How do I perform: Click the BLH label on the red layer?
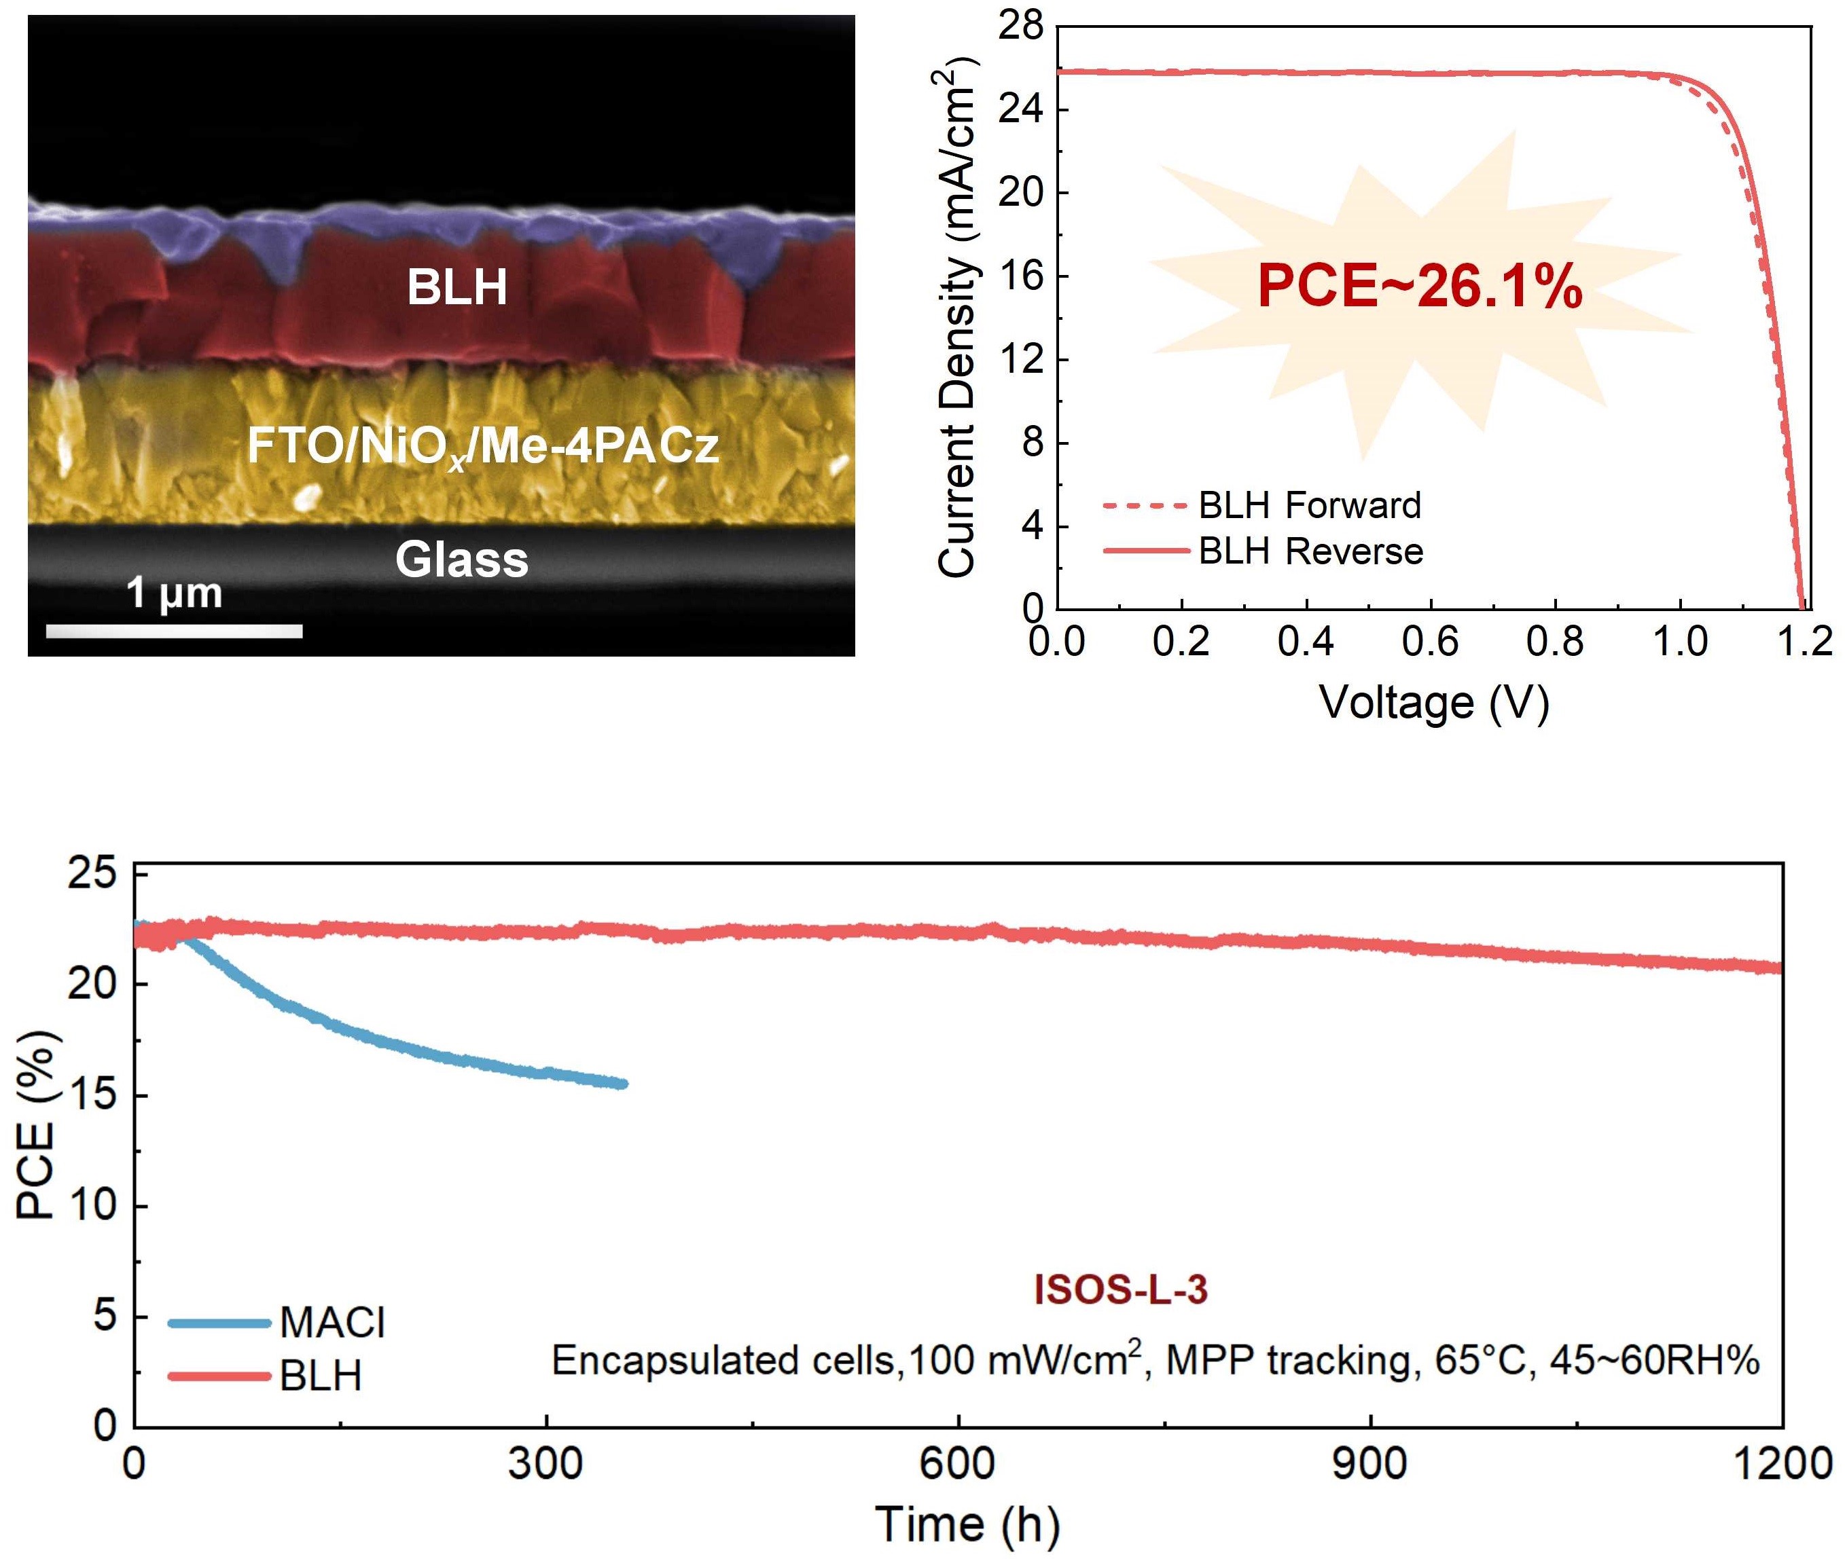(x=457, y=287)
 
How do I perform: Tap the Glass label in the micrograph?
(x=461, y=560)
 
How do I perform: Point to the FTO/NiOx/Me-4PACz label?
(x=483, y=445)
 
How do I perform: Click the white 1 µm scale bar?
(x=174, y=631)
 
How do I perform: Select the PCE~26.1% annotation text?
(x=1419, y=287)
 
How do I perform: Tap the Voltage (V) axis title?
(x=1434, y=703)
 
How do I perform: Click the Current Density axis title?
(x=956, y=318)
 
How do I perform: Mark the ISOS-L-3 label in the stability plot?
(x=1120, y=1290)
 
